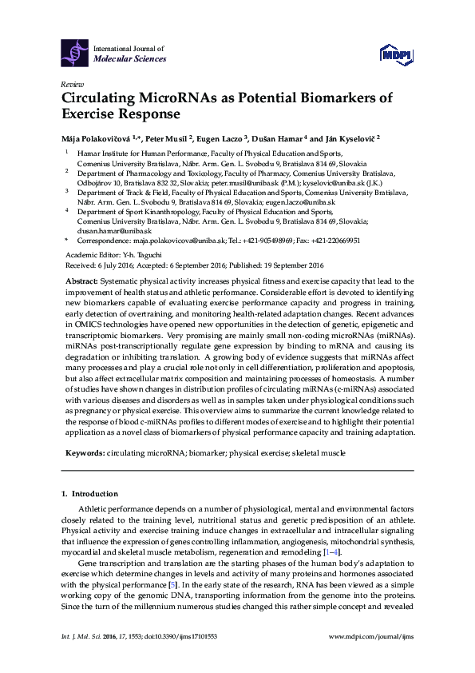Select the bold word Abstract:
coord(80,282)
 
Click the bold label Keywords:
coord(84,453)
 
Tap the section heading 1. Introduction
coord(90,494)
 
